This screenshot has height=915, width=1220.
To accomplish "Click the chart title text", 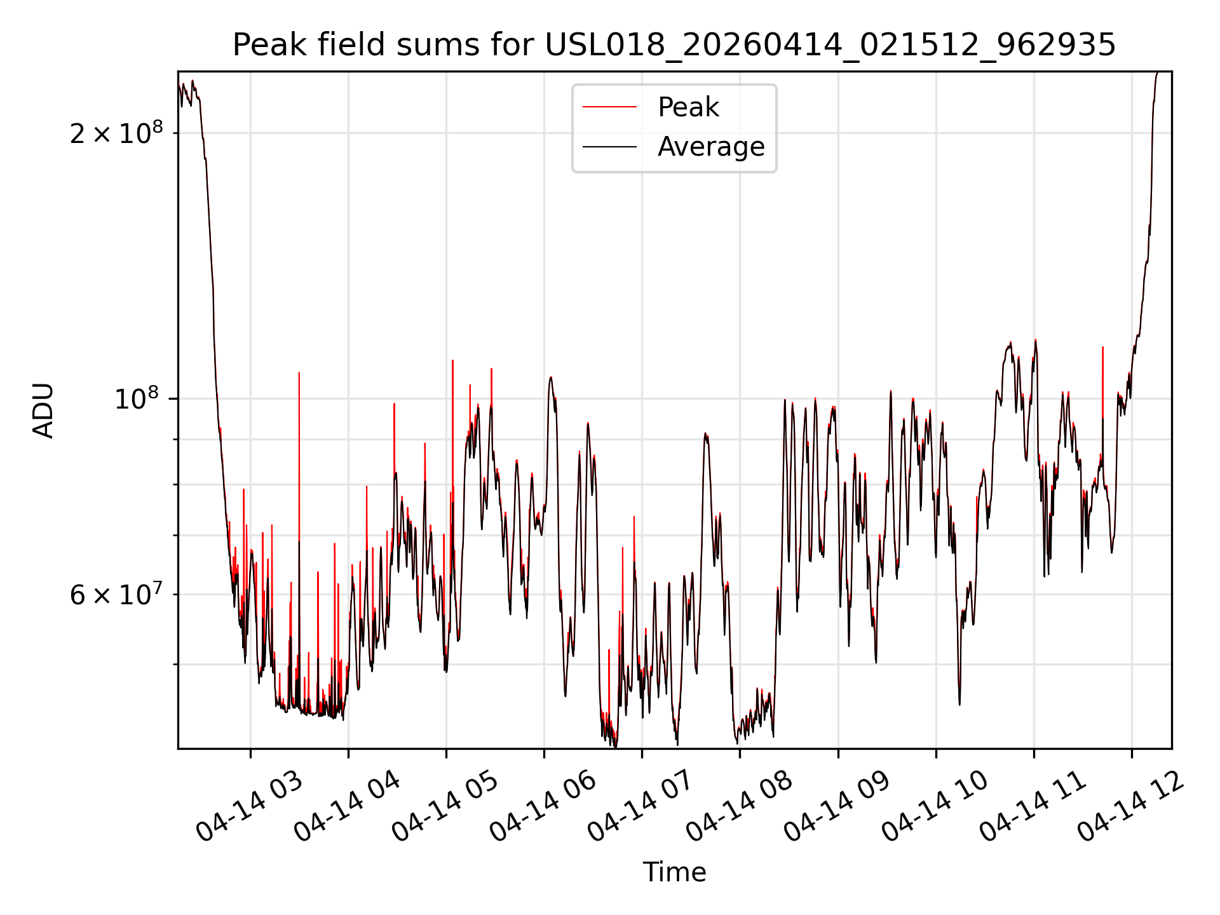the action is point(674,44).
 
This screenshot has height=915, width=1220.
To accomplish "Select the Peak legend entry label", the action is point(688,107).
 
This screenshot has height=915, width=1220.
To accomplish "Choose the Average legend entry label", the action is point(711,147).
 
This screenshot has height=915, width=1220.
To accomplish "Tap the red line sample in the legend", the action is point(610,107).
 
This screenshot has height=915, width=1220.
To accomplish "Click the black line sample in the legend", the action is point(610,147).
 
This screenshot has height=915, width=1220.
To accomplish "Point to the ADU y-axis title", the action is point(43,410).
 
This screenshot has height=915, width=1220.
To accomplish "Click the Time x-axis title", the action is point(674,872).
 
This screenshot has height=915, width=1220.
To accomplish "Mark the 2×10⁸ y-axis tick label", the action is point(116,132).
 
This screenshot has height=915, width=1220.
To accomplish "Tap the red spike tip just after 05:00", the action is point(452,360).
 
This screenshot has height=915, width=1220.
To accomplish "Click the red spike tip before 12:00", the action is point(1102,347).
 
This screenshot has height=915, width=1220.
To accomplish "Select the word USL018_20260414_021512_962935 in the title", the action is point(830,45).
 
